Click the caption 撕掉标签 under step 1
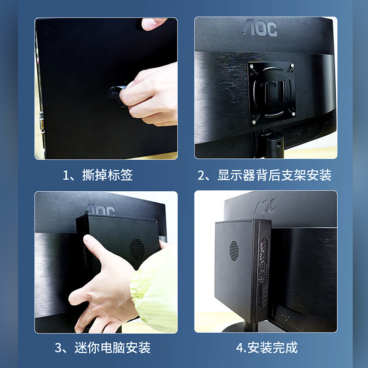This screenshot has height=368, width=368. click(107, 175)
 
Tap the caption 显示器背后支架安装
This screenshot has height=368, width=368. click(274, 175)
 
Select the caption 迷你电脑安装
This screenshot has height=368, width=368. click(112, 348)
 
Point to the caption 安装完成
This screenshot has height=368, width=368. click(272, 348)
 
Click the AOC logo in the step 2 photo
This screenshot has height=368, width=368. click(260, 28)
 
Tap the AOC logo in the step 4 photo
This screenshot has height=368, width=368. click(266, 206)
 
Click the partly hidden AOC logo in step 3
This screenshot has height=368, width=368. click(100, 210)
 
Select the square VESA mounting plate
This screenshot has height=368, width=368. click(271, 94)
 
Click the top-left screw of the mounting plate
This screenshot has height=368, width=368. click(252, 66)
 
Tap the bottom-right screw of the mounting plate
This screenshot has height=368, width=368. click(293, 114)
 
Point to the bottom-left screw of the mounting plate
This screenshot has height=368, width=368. click(254, 122)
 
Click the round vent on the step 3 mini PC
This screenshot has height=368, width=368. click(137, 249)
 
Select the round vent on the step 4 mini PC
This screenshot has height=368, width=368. click(234, 251)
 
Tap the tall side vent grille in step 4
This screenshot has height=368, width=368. click(264, 272)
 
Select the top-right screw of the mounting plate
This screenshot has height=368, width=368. click(292, 65)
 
